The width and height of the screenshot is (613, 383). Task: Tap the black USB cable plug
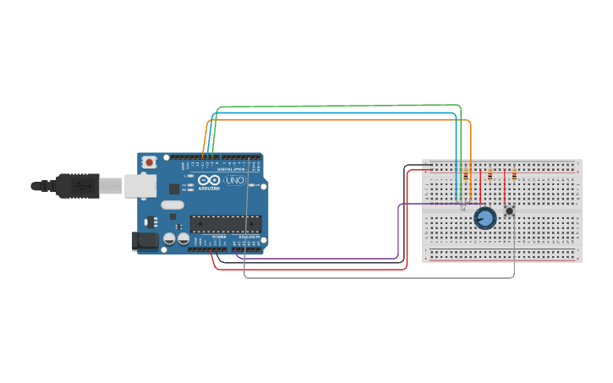tap(77, 184)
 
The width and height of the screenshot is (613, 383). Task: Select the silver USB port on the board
tap(139, 185)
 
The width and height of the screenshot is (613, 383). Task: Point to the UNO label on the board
tap(234, 180)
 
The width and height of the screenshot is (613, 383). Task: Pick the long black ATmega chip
tap(225, 223)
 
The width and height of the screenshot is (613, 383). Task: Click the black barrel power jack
tap(145, 240)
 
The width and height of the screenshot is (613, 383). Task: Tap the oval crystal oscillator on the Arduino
tap(172, 204)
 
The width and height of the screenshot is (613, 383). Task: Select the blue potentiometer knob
tap(484, 218)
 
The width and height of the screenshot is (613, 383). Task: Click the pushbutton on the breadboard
tap(509, 210)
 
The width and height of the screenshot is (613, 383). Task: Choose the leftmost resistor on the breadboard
tap(466, 175)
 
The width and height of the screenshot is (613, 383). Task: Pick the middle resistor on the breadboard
tap(490, 175)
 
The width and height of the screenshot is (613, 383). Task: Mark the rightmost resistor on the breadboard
tap(514, 175)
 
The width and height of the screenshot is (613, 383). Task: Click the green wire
tap(338, 107)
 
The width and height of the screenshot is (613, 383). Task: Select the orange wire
tap(338, 121)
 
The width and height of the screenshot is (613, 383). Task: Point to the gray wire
tap(380, 277)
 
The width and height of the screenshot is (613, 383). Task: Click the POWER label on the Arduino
tap(219, 237)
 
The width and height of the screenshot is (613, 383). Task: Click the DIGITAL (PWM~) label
tap(231, 169)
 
